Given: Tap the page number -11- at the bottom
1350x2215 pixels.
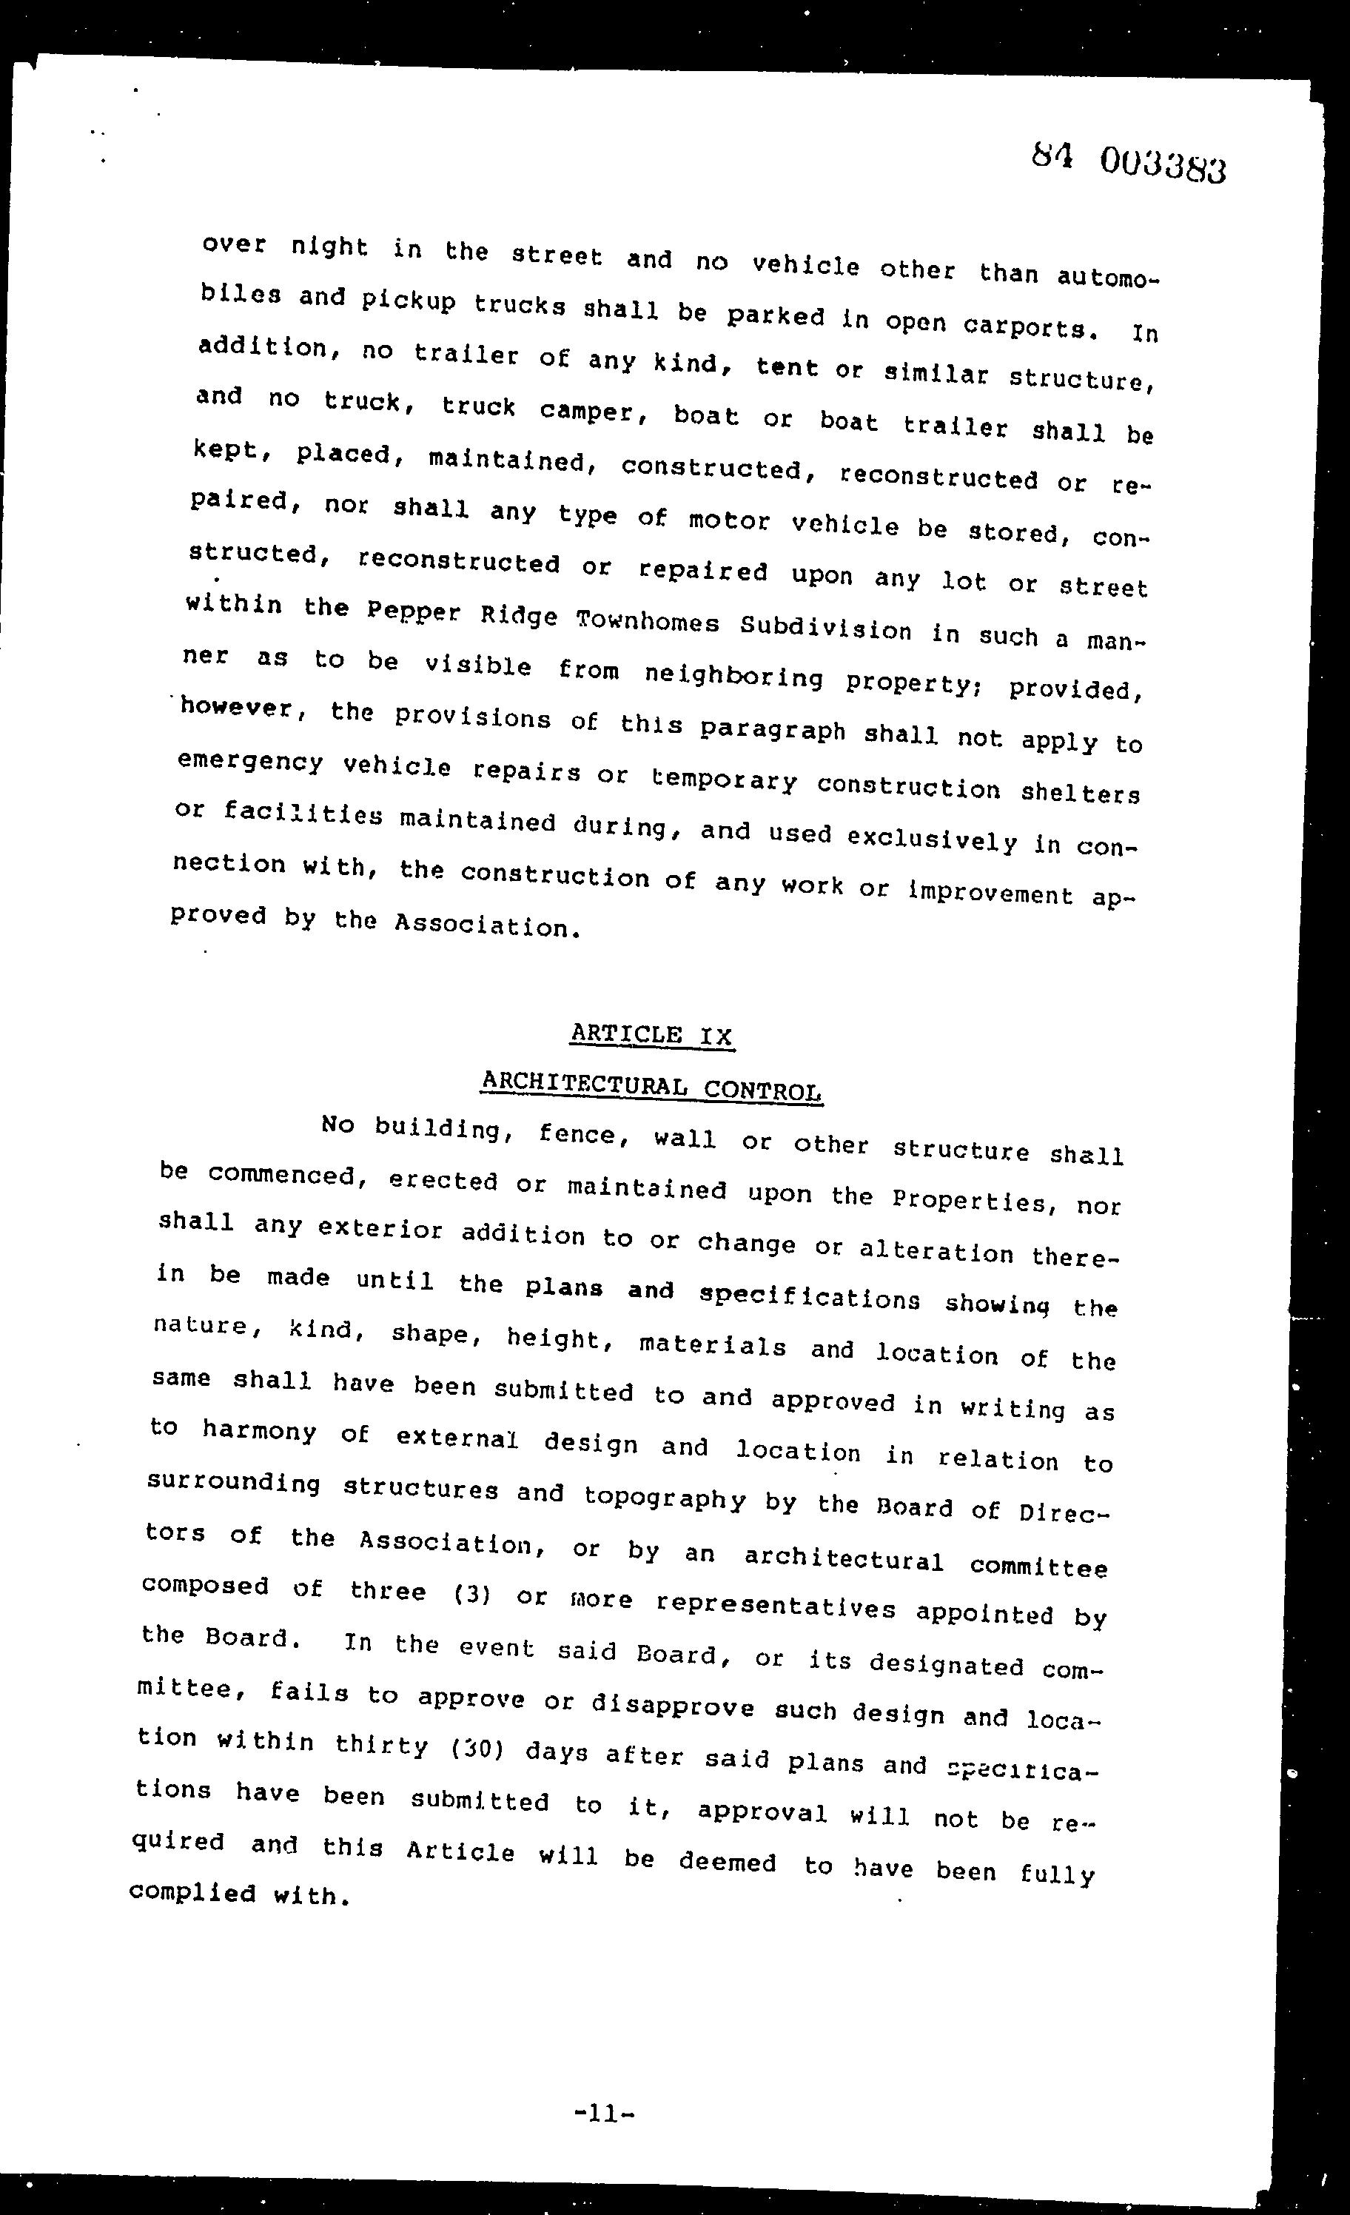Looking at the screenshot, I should [x=604, y=2114].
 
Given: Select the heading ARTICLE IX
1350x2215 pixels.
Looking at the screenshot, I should [x=651, y=1035].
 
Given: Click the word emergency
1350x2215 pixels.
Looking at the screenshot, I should [x=250, y=763].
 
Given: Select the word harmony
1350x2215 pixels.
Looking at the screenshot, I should [x=259, y=1430].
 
